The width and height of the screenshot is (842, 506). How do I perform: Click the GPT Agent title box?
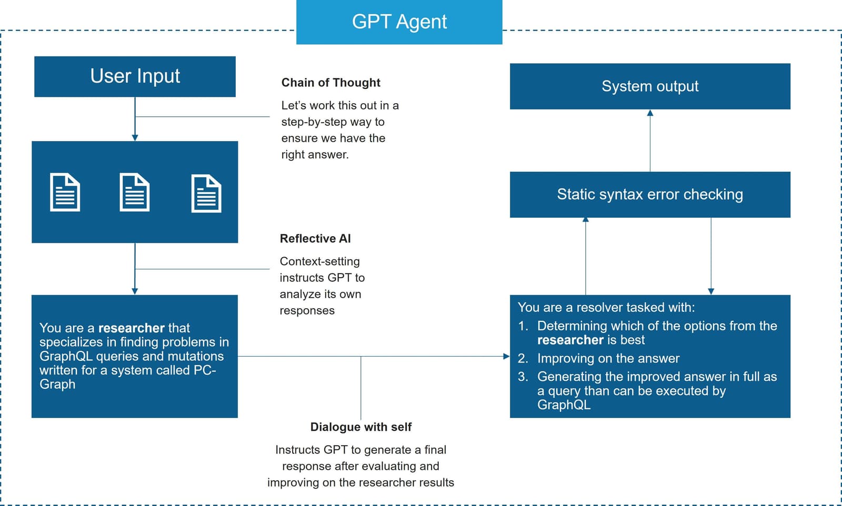click(399, 22)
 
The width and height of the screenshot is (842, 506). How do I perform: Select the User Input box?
click(135, 76)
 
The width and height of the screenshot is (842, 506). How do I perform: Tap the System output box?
click(650, 86)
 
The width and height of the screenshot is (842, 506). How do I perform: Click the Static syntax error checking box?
click(650, 195)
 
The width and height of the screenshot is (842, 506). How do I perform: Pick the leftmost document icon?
click(65, 193)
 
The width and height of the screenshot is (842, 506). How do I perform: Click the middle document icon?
click(135, 193)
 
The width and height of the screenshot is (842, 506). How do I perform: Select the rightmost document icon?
click(206, 193)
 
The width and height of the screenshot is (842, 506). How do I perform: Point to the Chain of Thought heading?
click(330, 83)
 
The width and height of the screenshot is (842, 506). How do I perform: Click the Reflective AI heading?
click(315, 239)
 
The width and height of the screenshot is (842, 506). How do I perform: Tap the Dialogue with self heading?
click(360, 427)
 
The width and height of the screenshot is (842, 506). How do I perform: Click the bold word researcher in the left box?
click(131, 328)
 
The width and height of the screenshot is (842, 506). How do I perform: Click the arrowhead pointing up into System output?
click(650, 113)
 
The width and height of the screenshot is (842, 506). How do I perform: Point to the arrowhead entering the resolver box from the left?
click(506, 356)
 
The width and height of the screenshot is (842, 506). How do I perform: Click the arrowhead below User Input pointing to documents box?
click(135, 138)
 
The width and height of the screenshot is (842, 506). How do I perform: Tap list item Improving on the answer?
click(608, 359)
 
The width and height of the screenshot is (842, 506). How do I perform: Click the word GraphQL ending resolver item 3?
click(564, 405)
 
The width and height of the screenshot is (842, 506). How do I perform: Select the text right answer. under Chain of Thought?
click(315, 155)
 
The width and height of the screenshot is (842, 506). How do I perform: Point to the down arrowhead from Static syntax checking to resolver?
click(711, 291)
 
